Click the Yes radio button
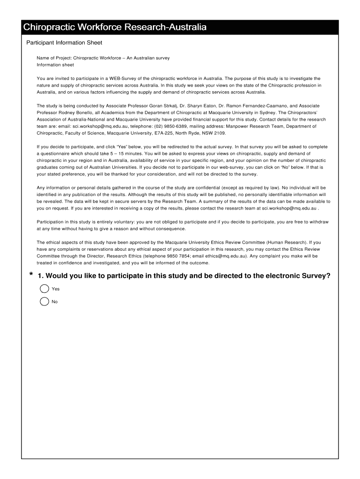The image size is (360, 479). (45, 289)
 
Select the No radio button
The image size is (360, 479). (45, 301)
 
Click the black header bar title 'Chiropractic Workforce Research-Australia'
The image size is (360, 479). (115, 28)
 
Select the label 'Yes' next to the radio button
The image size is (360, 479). (56, 289)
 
